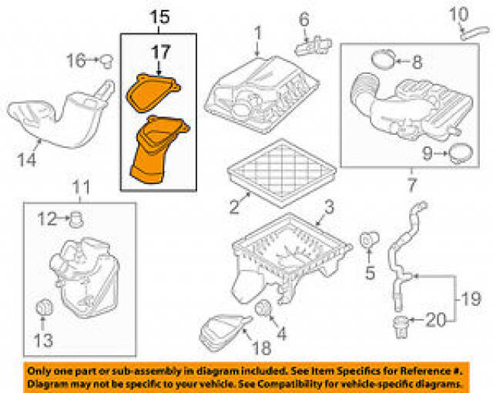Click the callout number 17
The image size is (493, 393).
(x=161, y=52)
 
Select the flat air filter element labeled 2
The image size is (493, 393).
(x=282, y=173)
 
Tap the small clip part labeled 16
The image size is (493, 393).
(x=106, y=61)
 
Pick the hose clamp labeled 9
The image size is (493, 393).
(x=461, y=153)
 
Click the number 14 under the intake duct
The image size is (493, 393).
(x=27, y=160)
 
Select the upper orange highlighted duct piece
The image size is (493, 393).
(x=153, y=93)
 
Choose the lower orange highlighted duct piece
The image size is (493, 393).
(x=159, y=149)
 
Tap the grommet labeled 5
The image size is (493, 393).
(x=370, y=240)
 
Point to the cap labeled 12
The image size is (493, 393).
(x=75, y=220)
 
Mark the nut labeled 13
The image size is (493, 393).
(x=44, y=307)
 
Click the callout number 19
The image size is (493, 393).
(x=471, y=299)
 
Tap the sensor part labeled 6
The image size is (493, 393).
(x=314, y=45)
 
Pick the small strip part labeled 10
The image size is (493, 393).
(x=475, y=33)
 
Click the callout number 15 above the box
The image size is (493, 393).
(x=159, y=17)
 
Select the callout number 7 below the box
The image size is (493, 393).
(x=411, y=184)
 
